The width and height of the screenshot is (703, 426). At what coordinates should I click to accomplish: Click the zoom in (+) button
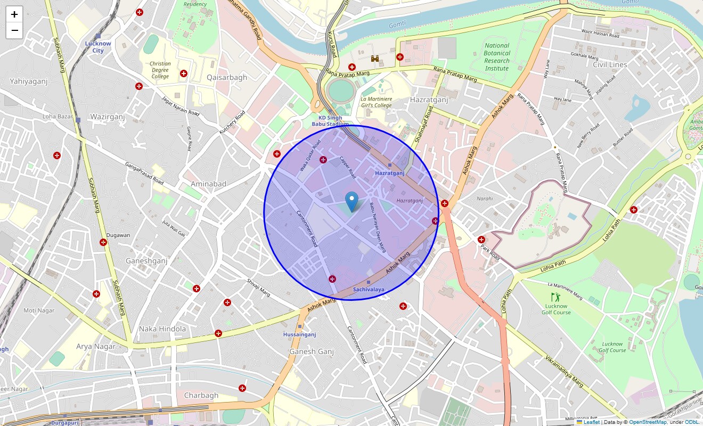14,14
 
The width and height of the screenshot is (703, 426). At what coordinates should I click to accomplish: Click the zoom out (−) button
14,31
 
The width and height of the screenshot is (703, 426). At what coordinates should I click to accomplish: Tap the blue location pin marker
351,201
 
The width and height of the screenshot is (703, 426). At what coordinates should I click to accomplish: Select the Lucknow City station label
98,47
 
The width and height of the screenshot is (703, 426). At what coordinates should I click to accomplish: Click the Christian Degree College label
160,70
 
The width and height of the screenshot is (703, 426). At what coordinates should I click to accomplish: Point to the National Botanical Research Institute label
496,57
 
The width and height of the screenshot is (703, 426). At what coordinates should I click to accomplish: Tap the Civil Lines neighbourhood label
610,64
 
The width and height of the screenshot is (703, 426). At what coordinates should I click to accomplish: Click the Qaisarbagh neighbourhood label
227,77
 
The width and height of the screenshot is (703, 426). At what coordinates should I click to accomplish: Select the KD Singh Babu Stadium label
330,121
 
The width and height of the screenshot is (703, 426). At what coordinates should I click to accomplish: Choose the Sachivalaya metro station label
368,290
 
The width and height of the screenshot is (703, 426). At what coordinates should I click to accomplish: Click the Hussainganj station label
300,334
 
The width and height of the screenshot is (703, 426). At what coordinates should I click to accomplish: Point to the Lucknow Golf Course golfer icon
555,297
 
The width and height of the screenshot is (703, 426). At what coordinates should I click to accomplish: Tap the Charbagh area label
201,395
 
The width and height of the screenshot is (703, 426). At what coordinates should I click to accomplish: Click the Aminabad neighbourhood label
208,184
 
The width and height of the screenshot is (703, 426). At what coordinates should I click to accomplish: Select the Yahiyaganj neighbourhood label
29,81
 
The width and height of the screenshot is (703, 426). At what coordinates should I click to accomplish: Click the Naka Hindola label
162,329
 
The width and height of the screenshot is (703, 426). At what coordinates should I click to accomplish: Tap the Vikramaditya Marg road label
564,372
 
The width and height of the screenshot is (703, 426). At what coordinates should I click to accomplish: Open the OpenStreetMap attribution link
648,422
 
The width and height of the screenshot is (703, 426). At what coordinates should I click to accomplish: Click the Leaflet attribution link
591,422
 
